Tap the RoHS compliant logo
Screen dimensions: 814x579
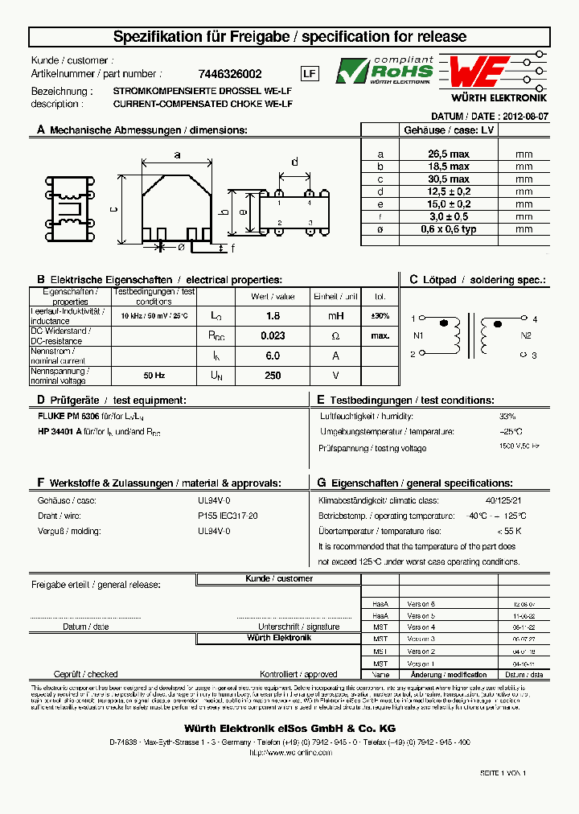point(384,72)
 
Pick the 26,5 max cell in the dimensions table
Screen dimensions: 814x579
point(449,154)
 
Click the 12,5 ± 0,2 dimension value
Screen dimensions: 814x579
point(449,191)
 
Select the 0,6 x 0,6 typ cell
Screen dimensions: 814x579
point(449,229)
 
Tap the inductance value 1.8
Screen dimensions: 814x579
point(273,316)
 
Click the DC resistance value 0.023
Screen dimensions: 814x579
point(273,335)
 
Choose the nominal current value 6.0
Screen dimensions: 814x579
point(273,355)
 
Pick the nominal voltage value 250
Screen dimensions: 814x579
point(273,375)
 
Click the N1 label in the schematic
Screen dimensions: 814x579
point(417,335)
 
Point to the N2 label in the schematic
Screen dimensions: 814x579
point(526,335)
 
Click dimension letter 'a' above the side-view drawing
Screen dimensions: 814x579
point(177,154)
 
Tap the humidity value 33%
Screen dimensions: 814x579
point(507,417)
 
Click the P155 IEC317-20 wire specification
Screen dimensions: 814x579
point(228,516)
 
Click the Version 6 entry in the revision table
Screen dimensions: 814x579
point(421,603)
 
